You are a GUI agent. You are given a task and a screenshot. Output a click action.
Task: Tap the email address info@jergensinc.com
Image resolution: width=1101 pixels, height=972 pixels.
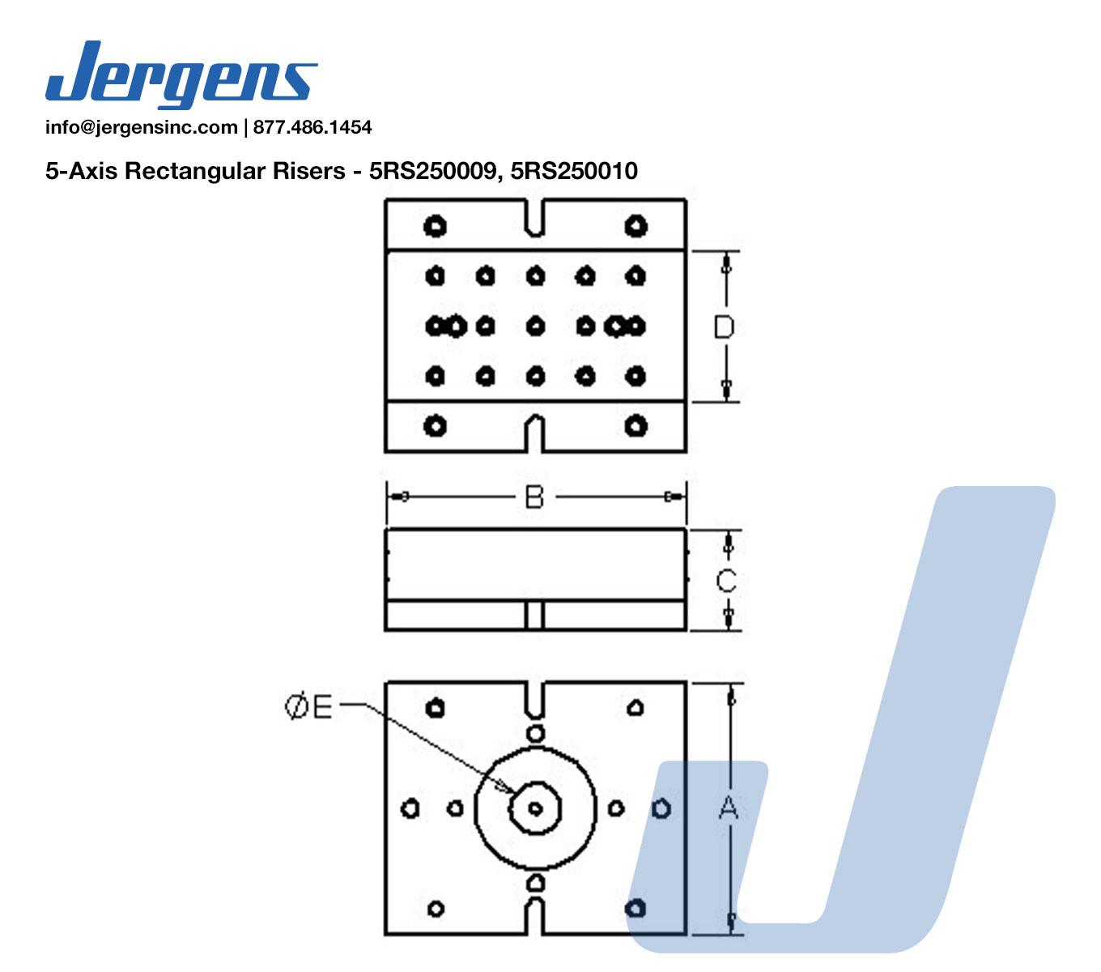click(141, 127)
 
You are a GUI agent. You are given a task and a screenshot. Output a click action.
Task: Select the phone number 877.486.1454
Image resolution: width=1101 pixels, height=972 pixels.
click(312, 127)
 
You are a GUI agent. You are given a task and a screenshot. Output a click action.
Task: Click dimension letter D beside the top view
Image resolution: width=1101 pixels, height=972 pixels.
click(724, 326)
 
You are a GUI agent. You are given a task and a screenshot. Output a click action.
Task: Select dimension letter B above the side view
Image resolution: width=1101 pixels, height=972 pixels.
click(534, 497)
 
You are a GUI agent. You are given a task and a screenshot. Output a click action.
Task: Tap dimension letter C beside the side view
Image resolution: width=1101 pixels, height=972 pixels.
click(726, 580)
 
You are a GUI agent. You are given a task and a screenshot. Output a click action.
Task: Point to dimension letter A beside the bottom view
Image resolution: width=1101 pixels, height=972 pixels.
click(729, 807)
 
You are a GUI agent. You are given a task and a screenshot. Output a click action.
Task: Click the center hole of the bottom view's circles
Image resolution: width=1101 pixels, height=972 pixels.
click(535, 808)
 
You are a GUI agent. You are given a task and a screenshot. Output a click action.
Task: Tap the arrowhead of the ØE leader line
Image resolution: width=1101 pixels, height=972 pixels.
click(509, 789)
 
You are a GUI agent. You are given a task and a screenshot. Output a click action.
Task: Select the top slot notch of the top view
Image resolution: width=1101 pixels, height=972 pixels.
click(534, 218)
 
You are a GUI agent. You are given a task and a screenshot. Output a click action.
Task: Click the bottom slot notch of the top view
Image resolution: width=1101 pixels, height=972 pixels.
click(534, 433)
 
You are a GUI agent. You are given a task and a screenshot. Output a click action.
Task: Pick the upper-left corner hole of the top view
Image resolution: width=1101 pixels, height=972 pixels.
click(436, 226)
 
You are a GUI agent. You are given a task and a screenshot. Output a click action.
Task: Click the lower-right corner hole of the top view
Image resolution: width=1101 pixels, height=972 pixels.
click(636, 424)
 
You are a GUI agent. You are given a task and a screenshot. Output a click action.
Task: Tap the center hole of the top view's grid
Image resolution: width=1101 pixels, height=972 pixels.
click(534, 326)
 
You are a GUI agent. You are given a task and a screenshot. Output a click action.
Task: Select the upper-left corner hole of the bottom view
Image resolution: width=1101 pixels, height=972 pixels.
click(436, 707)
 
